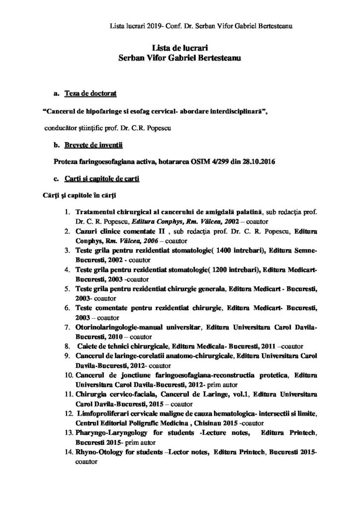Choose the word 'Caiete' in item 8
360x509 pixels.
coord(89,345)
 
